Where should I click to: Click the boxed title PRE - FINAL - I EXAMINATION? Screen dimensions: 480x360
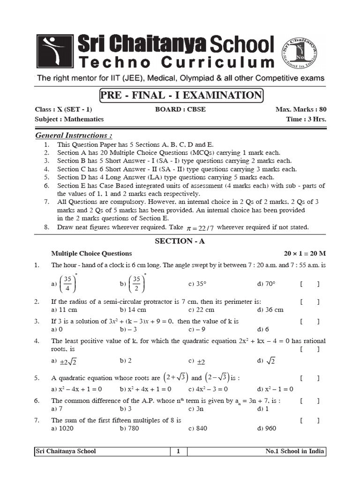(181, 96)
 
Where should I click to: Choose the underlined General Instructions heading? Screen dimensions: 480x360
(74, 135)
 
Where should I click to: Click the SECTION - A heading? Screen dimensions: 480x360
(180, 241)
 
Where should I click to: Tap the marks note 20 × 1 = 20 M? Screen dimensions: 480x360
(305, 254)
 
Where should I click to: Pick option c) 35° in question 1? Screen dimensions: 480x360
(198, 284)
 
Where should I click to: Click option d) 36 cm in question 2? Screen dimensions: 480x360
(270, 310)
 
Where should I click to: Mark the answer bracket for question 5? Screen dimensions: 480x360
(310, 378)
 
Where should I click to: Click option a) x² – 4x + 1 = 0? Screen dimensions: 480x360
(76, 389)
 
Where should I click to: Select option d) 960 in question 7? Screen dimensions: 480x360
(267, 428)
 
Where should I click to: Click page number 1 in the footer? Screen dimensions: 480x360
(178, 451)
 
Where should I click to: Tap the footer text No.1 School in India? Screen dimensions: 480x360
(294, 451)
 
